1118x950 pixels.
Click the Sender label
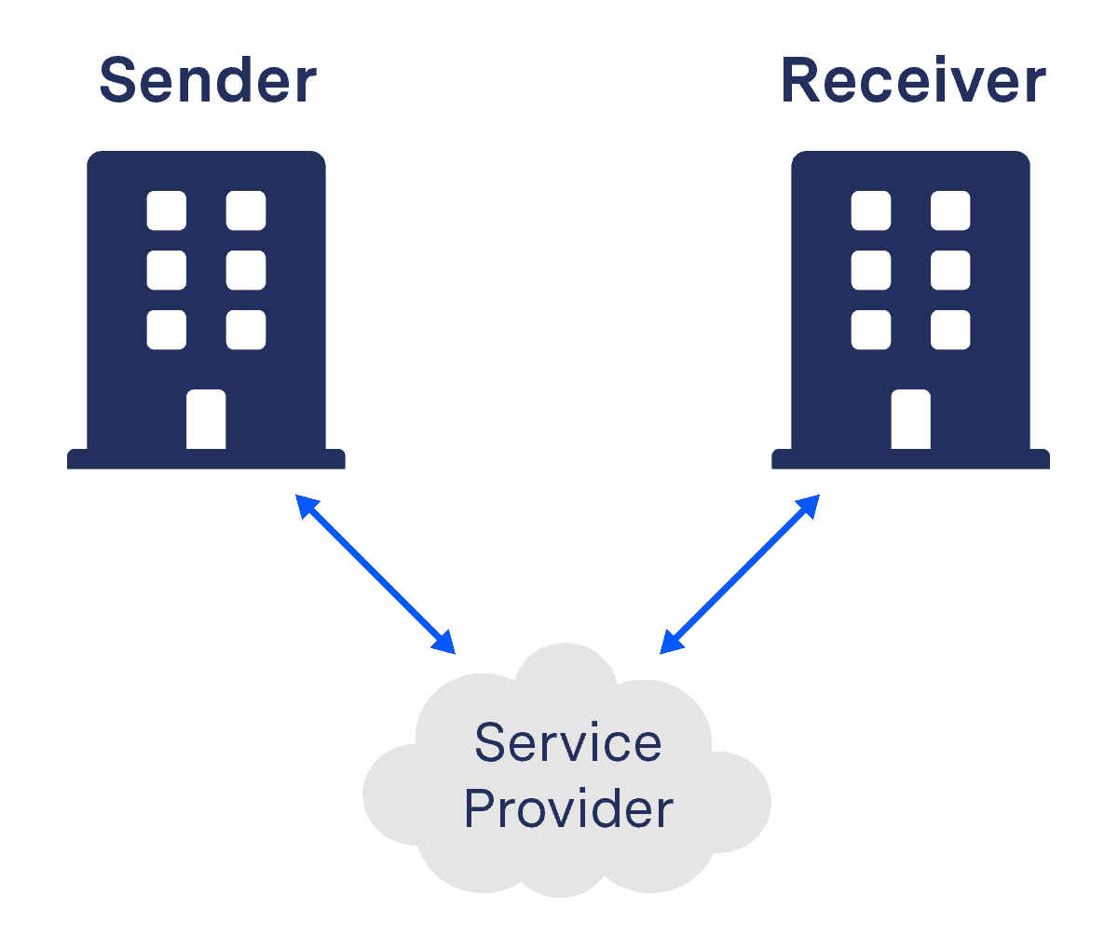(208, 81)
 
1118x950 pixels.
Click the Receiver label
(913, 81)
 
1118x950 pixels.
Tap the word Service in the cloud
(568, 743)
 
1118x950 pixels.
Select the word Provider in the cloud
(568, 808)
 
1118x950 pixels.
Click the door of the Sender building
(206, 420)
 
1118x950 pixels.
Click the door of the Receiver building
(910, 420)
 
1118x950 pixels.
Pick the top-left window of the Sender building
(167, 210)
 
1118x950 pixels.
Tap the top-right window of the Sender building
(246, 210)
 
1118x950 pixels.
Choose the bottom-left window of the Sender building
(167, 330)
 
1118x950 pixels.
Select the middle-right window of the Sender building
(246, 270)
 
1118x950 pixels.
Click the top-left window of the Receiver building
(871, 210)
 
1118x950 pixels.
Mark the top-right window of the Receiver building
(950, 210)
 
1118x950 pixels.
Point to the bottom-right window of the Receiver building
(950, 330)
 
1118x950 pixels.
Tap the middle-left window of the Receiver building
(871, 270)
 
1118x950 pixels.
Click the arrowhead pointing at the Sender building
(306, 505)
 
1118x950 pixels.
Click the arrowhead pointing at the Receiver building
(809, 505)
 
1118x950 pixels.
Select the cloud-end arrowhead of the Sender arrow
(444, 644)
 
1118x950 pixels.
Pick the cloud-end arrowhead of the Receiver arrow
(670, 644)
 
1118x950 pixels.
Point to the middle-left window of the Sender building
(167, 270)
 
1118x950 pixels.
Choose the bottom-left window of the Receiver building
(871, 330)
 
